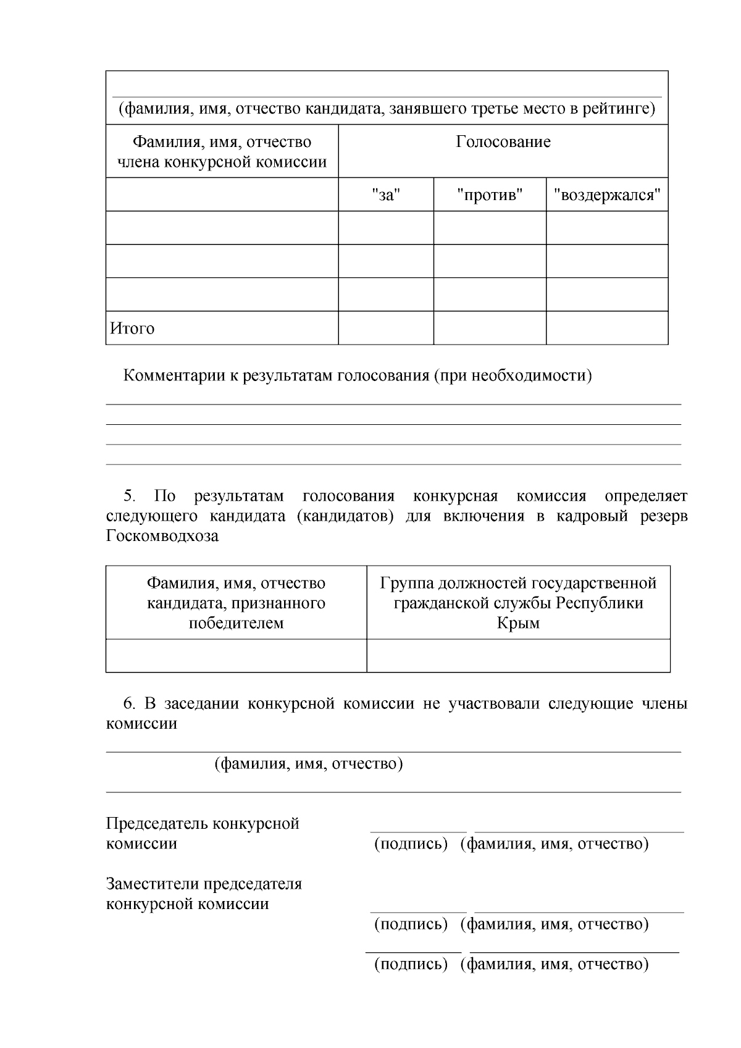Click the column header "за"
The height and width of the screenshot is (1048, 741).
[386, 195]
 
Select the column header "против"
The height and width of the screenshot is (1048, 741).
[490, 195]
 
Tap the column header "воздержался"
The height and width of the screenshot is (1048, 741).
[607, 195]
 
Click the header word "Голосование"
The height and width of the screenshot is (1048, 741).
[503, 142]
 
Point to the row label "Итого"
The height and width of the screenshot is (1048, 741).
[132, 329]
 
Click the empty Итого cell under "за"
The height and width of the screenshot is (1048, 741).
[386, 328]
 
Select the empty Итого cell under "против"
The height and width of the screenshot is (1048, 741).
[490, 328]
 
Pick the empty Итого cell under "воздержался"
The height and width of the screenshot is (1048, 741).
[607, 328]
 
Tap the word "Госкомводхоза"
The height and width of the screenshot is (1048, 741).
[162, 536]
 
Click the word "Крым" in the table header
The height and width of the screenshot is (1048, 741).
[518, 623]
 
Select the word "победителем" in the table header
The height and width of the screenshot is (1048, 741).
[236, 623]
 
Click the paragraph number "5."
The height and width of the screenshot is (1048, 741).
[130, 497]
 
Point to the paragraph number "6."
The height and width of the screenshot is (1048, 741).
[130, 704]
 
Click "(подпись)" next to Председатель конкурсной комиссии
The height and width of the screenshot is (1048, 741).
[411, 844]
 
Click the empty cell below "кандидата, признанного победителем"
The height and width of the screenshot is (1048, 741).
[236, 656]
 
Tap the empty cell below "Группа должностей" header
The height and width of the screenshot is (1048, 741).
[518, 656]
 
